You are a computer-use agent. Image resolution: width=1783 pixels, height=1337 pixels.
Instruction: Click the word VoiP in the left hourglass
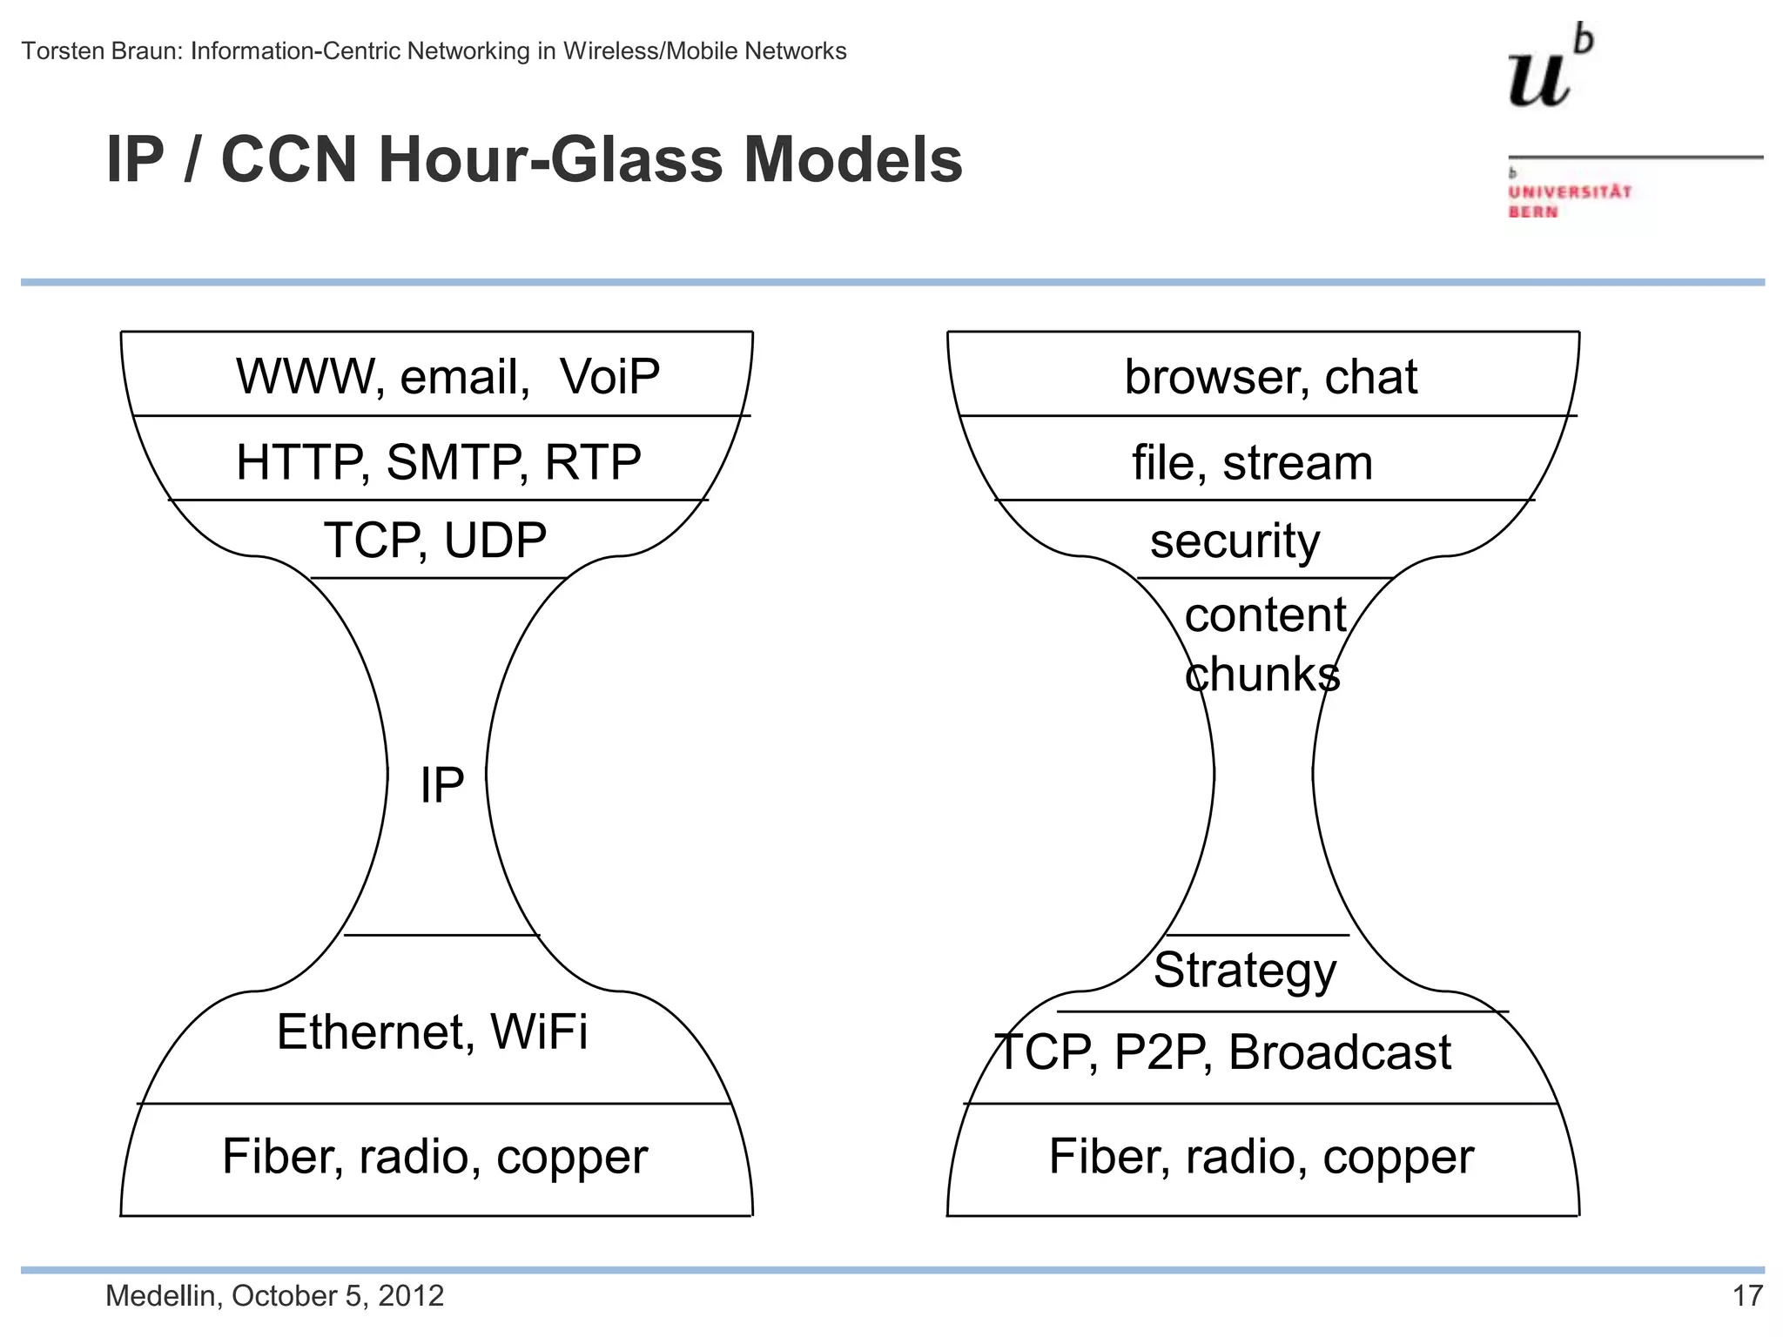tap(609, 377)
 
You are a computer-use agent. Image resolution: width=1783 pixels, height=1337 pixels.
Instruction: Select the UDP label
tap(495, 541)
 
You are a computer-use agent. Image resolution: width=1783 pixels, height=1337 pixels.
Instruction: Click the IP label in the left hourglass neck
tap(441, 785)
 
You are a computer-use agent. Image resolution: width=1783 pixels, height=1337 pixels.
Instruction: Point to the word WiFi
tap(539, 1032)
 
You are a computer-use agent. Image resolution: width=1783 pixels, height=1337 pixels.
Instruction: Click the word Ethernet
tap(375, 1032)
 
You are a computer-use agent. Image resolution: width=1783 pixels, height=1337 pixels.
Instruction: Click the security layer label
tap(1235, 541)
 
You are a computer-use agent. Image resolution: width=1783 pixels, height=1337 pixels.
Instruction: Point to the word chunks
tap(1262, 675)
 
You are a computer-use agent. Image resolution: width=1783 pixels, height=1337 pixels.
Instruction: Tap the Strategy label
tap(1245, 971)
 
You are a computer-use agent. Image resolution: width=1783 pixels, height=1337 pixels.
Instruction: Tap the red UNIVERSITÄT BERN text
tap(1569, 201)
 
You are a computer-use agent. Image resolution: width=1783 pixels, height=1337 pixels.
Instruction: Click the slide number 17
tap(1747, 1296)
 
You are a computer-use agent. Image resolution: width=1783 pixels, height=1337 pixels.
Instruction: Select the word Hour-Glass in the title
tap(550, 160)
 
